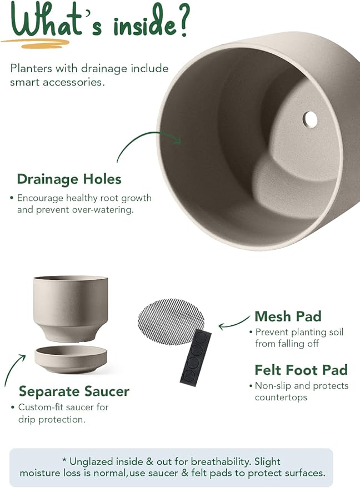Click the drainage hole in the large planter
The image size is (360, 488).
[310, 119]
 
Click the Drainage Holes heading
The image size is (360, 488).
[69, 179]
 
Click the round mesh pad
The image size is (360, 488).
[171, 321]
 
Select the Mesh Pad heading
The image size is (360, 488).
[288, 316]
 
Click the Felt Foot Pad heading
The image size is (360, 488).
[301, 370]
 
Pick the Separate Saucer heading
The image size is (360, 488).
[74, 391]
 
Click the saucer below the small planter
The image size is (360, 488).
[71, 359]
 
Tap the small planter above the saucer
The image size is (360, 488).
[71, 307]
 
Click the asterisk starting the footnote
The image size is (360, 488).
[64, 461]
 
